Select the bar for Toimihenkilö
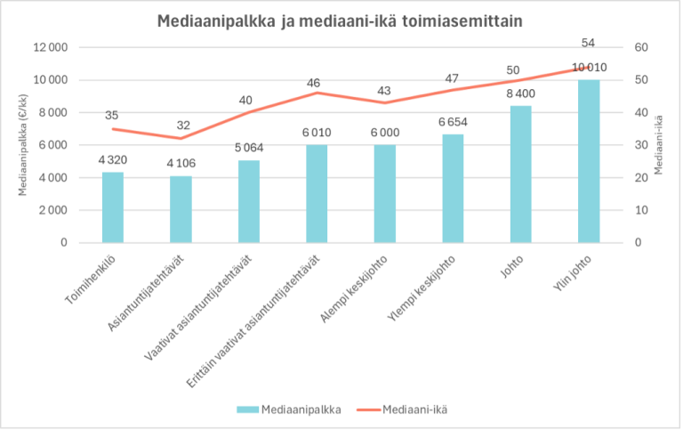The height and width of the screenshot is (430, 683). pos(113,207)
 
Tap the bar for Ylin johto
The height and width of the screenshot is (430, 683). pos(589,161)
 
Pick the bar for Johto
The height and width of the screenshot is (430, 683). pos(521,174)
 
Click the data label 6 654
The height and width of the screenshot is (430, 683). pos(453,121)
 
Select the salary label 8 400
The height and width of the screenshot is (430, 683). pos(521,93)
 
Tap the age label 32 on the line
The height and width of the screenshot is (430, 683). pos(181,126)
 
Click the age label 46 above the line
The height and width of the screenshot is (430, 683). pos(317,82)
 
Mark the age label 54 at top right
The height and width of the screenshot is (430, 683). pos(589,43)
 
